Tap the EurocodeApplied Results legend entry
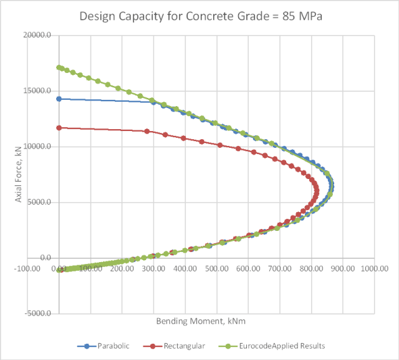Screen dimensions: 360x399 click(x=278, y=345)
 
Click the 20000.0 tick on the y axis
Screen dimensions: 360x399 click(x=38, y=36)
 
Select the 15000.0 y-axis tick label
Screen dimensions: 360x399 click(x=38, y=91)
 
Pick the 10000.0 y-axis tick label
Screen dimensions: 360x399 click(x=38, y=147)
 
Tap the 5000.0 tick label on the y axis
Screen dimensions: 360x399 click(x=40, y=202)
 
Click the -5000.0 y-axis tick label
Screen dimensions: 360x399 click(x=39, y=313)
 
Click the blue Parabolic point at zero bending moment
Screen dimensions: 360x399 click(x=59, y=99)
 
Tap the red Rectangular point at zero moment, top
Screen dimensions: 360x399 click(x=59, y=128)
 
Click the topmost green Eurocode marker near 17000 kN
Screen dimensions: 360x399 click(x=59, y=67)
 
